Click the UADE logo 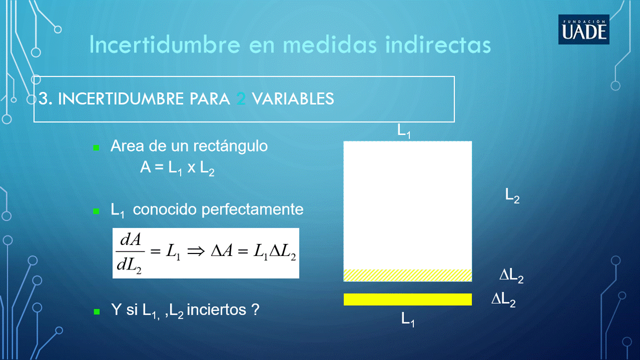[584, 29]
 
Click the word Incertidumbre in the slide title [165, 44]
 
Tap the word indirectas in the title [438, 44]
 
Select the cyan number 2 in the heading [241, 99]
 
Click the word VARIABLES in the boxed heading [293, 99]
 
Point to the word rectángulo [230, 146]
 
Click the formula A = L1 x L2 [177, 168]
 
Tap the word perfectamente [252, 209]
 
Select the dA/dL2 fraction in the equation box [130, 253]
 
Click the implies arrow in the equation [196, 251]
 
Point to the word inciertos [216, 310]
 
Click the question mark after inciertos [255, 309]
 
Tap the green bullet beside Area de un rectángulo [96, 147]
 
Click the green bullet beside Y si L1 [97, 311]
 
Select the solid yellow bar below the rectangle [408, 299]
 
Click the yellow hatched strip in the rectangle [408, 275]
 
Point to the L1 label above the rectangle [404, 131]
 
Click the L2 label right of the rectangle [512, 196]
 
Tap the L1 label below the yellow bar [408, 319]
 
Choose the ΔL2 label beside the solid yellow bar [503, 300]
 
